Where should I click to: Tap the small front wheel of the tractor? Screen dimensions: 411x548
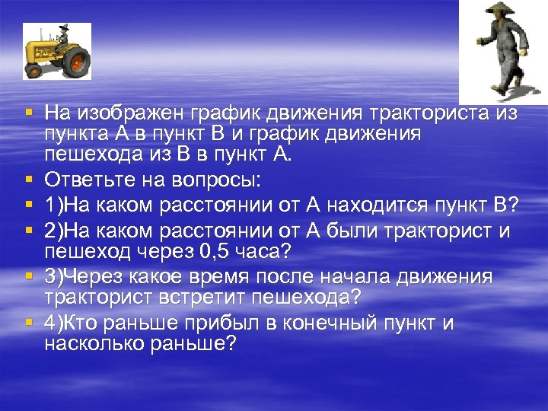tap(33, 69)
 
